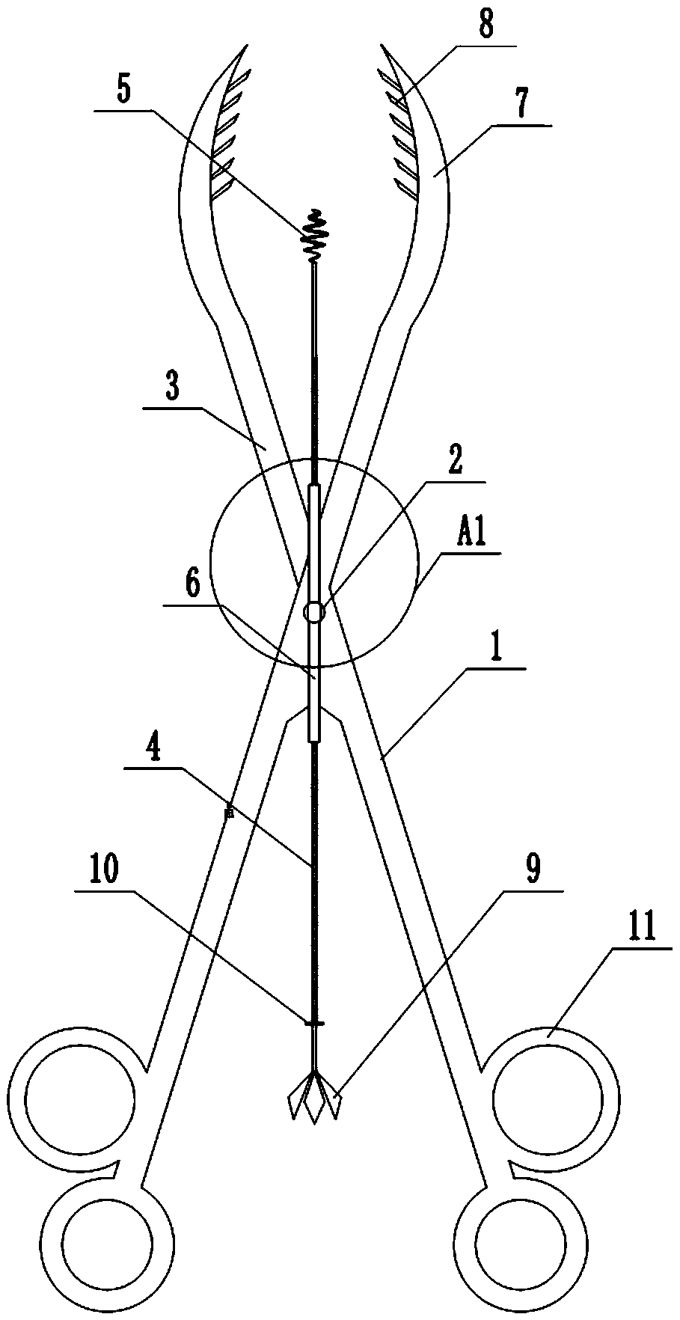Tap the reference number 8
click(x=486, y=27)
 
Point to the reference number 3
click(x=173, y=391)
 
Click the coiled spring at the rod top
click(x=315, y=233)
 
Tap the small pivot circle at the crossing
click(x=314, y=612)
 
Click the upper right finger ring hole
click(x=546, y=1099)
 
